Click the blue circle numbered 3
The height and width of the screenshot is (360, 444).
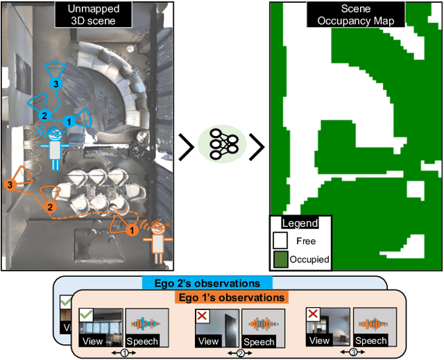tap(58, 83)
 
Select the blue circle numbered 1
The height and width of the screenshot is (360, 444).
tap(68, 121)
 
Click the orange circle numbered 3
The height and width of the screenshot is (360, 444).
tap(10, 185)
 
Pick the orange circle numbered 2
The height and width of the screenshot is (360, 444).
tap(49, 207)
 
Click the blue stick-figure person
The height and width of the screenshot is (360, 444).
tap(54, 147)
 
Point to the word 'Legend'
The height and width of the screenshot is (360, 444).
tap(300, 223)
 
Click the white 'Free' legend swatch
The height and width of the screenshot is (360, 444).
tap(280, 241)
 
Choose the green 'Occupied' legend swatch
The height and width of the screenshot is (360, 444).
tap(280, 259)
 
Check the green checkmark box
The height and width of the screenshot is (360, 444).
tap(85, 315)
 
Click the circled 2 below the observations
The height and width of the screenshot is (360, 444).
tap(240, 352)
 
